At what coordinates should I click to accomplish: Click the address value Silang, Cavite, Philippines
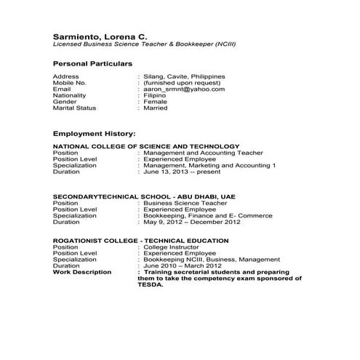click(184, 76)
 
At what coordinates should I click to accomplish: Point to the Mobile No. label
click(70, 82)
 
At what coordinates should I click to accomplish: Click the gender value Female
click(157, 102)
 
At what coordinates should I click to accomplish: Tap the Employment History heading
click(95, 134)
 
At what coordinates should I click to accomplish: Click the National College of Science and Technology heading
click(146, 146)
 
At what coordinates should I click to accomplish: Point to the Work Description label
click(82, 272)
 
